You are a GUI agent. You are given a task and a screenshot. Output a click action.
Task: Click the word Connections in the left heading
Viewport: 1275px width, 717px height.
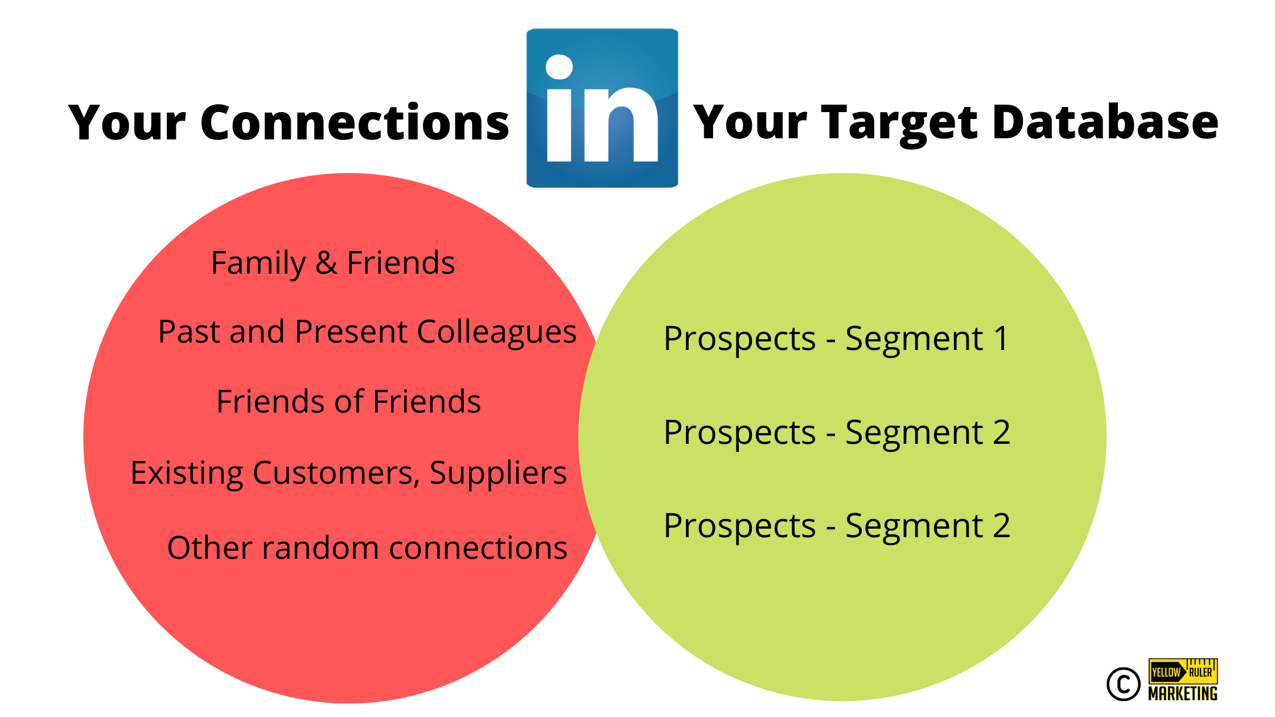(x=355, y=122)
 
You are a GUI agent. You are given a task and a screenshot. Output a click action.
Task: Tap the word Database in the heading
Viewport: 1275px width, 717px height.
(x=1105, y=122)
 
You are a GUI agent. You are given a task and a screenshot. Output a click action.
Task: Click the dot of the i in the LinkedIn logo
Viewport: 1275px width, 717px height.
(x=559, y=67)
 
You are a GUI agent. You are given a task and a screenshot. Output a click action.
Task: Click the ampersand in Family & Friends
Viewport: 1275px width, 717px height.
(x=327, y=263)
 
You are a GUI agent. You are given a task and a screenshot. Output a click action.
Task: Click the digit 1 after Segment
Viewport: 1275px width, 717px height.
(x=1002, y=339)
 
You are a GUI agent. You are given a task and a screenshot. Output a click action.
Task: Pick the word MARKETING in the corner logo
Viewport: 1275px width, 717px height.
(x=1183, y=693)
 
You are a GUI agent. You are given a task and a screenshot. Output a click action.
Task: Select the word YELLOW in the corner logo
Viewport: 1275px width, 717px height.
(x=1166, y=673)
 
